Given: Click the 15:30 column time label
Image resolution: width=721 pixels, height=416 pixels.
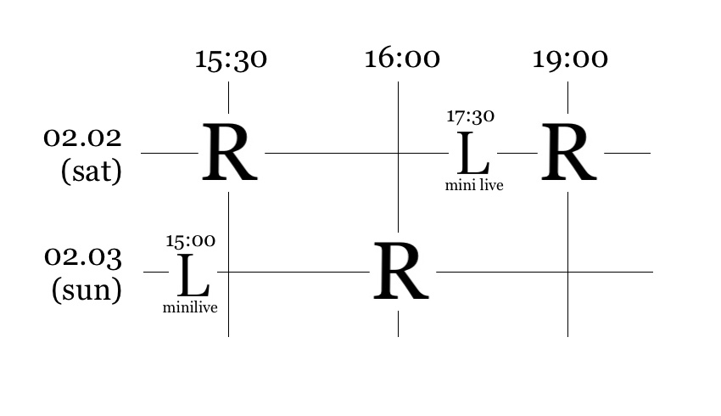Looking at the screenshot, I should pos(231,59).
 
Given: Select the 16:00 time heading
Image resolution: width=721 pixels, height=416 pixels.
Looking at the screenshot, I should pos(401,59).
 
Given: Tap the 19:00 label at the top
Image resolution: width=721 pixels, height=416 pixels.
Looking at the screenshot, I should pos(569,59).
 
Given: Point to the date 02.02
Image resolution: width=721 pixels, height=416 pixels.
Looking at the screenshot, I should pos(82,138).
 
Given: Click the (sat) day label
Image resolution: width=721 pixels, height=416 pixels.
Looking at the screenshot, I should pos(91,171).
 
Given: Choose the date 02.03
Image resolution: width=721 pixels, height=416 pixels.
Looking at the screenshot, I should pos(82,256).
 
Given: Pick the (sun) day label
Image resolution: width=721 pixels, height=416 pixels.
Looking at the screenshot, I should pos(87,290).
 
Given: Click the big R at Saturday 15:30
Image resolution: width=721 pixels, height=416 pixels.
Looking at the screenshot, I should pos(229,154).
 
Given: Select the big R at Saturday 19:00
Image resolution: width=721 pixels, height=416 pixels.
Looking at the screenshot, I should pos(568,154).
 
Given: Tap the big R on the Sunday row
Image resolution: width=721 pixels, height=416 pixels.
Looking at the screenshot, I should pos(400,273).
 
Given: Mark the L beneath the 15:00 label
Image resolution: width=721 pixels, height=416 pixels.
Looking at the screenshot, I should pos(193,275).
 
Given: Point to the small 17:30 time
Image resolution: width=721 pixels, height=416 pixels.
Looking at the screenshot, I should pos(470,116).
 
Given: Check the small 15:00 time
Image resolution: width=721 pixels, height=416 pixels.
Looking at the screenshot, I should pos(190,241).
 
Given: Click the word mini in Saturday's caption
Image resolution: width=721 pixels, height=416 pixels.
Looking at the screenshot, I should pos(459,185).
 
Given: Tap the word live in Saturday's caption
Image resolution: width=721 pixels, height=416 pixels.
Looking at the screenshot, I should pos(490,185).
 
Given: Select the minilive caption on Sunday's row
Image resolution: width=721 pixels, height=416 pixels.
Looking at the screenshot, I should pos(190,307).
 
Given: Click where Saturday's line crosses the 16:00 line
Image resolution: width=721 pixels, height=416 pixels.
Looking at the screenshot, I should pos(398,153).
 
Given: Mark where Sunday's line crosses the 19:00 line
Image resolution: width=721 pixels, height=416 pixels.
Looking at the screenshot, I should pos(567,272).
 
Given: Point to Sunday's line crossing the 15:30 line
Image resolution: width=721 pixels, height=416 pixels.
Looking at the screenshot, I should pos(228,272).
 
